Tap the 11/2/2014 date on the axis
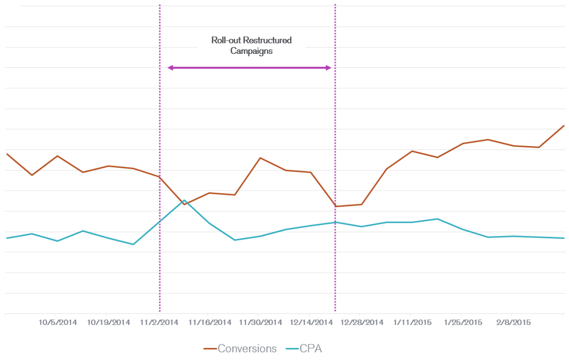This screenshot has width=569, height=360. (159, 323)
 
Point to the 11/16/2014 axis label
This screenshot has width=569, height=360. (209, 323)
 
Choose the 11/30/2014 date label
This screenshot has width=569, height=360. (261, 323)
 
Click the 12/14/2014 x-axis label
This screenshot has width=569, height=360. (311, 323)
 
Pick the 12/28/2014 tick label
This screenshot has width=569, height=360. (362, 323)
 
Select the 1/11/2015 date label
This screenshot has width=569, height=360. (412, 323)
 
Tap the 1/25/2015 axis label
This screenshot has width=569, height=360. (463, 323)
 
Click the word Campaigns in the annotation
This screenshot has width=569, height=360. (252, 51)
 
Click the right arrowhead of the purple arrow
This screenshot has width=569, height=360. (329, 68)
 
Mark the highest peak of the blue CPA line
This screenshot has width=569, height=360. (184, 200)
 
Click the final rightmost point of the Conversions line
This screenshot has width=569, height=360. (564, 126)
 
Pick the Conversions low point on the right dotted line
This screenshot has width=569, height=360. (335, 206)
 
